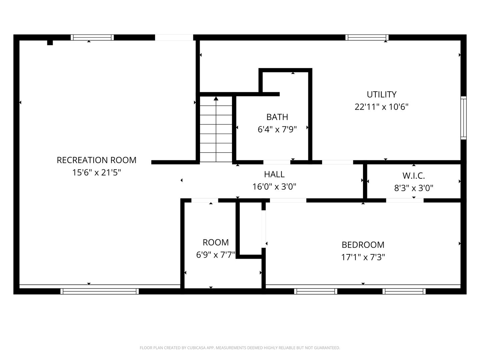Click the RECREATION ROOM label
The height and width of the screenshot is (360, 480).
tap(96, 160)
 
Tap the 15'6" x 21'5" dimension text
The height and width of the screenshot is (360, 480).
tap(96, 173)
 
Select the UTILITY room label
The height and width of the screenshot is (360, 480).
tap(381, 95)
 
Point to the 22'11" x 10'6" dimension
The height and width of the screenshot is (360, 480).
tap(381, 107)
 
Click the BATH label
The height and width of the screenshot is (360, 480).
tap(277, 117)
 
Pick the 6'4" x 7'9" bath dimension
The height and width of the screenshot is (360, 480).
tap(277, 130)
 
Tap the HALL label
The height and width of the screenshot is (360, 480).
tap(274, 174)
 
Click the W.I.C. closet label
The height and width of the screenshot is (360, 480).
tap(414, 176)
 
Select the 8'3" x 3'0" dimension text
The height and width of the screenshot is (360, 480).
tap(414, 188)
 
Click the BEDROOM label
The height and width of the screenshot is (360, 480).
tap(363, 245)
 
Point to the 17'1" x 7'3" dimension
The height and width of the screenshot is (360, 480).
tap(363, 257)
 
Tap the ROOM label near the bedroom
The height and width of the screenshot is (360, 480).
tap(216, 242)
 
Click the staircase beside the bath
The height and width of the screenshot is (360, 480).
tap(216, 129)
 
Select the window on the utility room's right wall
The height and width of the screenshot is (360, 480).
tap(463, 118)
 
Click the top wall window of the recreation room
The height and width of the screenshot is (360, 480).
tap(92, 38)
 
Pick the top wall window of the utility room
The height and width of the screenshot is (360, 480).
tap(367, 38)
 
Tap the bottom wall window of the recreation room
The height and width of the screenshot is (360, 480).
tap(99, 291)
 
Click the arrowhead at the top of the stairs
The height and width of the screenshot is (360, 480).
tap(216, 99)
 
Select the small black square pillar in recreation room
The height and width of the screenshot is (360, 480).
tap(50, 43)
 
